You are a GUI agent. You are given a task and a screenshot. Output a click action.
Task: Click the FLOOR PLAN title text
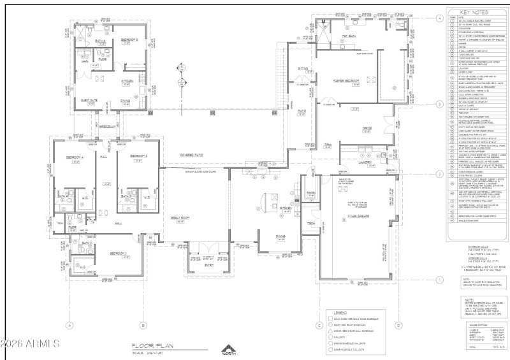point(145,345)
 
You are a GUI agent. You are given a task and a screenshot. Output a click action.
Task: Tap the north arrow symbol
point(228,349)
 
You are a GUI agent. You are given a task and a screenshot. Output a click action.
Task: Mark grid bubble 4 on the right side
point(439,18)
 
